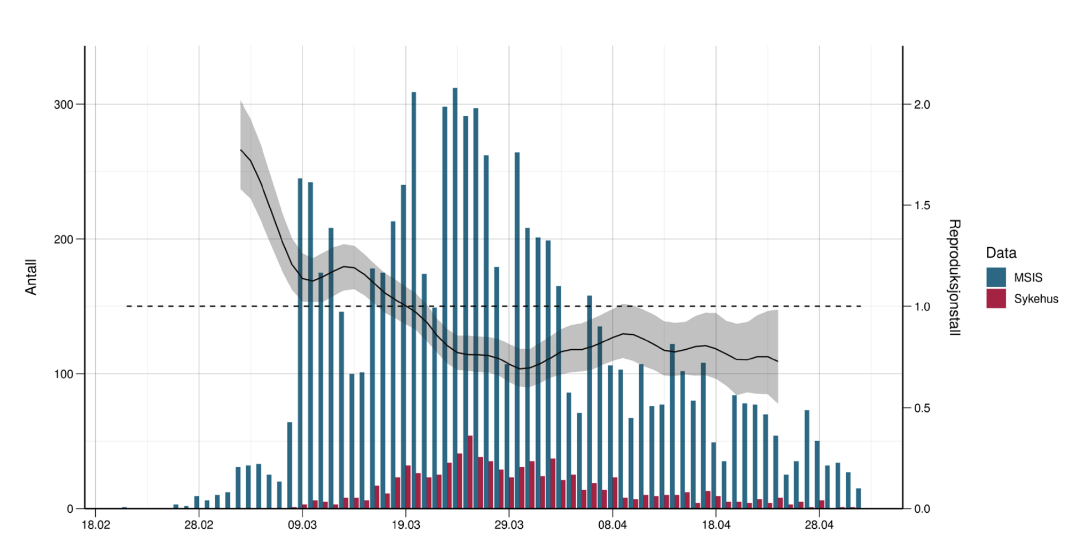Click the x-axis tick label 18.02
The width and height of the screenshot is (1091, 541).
pos(96,524)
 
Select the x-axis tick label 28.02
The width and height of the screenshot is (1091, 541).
pos(199,524)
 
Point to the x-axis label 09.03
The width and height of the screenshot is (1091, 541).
pos(302,524)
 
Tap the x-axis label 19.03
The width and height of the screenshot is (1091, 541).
pos(406,524)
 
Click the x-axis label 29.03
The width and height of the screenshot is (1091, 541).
pos(509,524)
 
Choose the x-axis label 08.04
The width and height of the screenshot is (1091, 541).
pos(613,524)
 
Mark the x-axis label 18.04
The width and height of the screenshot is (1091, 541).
pos(716,524)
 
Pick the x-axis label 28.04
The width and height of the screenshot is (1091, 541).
pos(819,524)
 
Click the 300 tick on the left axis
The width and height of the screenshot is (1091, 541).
pos(63,105)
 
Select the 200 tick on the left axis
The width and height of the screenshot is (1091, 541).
pos(63,239)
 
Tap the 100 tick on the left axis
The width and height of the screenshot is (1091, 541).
pos(63,374)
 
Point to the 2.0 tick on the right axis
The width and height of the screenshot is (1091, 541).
pos(922,105)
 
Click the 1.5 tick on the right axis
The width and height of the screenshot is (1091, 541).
pos(922,206)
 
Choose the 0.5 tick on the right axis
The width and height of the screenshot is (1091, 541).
pos(922,408)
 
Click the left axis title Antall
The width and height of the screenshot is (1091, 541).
pos(31,277)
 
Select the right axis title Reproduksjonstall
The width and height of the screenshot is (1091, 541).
pos(954,277)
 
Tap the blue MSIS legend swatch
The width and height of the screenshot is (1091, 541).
pos(996,277)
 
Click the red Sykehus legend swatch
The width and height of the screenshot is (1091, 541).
pos(996,298)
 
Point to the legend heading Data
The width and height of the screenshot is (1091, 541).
pos(1001,253)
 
